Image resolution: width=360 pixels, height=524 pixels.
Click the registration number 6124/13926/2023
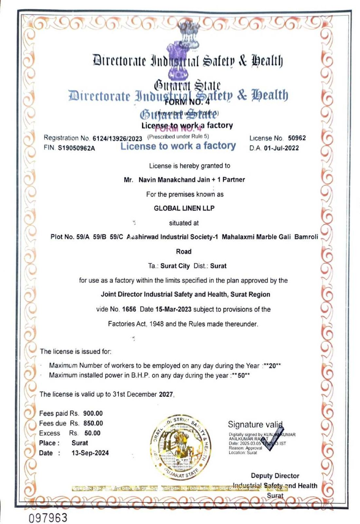(x=117, y=139)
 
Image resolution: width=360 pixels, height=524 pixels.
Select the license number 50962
(x=297, y=138)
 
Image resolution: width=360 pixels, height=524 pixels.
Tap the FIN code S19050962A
(x=76, y=148)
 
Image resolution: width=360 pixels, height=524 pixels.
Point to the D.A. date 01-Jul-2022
(x=281, y=148)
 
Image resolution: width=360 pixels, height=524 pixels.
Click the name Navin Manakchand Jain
(x=174, y=180)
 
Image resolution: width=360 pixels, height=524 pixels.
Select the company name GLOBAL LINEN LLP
(x=184, y=208)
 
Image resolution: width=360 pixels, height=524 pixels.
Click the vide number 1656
(x=129, y=309)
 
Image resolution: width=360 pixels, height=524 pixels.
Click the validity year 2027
(x=166, y=394)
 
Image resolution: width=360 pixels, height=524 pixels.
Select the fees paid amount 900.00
(x=93, y=414)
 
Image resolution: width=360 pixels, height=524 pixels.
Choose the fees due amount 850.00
(x=93, y=423)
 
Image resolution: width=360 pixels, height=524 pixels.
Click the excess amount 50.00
(x=92, y=433)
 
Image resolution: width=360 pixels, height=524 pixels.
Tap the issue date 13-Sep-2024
(x=90, y=453)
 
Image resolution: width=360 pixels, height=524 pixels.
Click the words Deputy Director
(x=275, y=476)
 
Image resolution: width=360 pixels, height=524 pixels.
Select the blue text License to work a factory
(x=178, y=146)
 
